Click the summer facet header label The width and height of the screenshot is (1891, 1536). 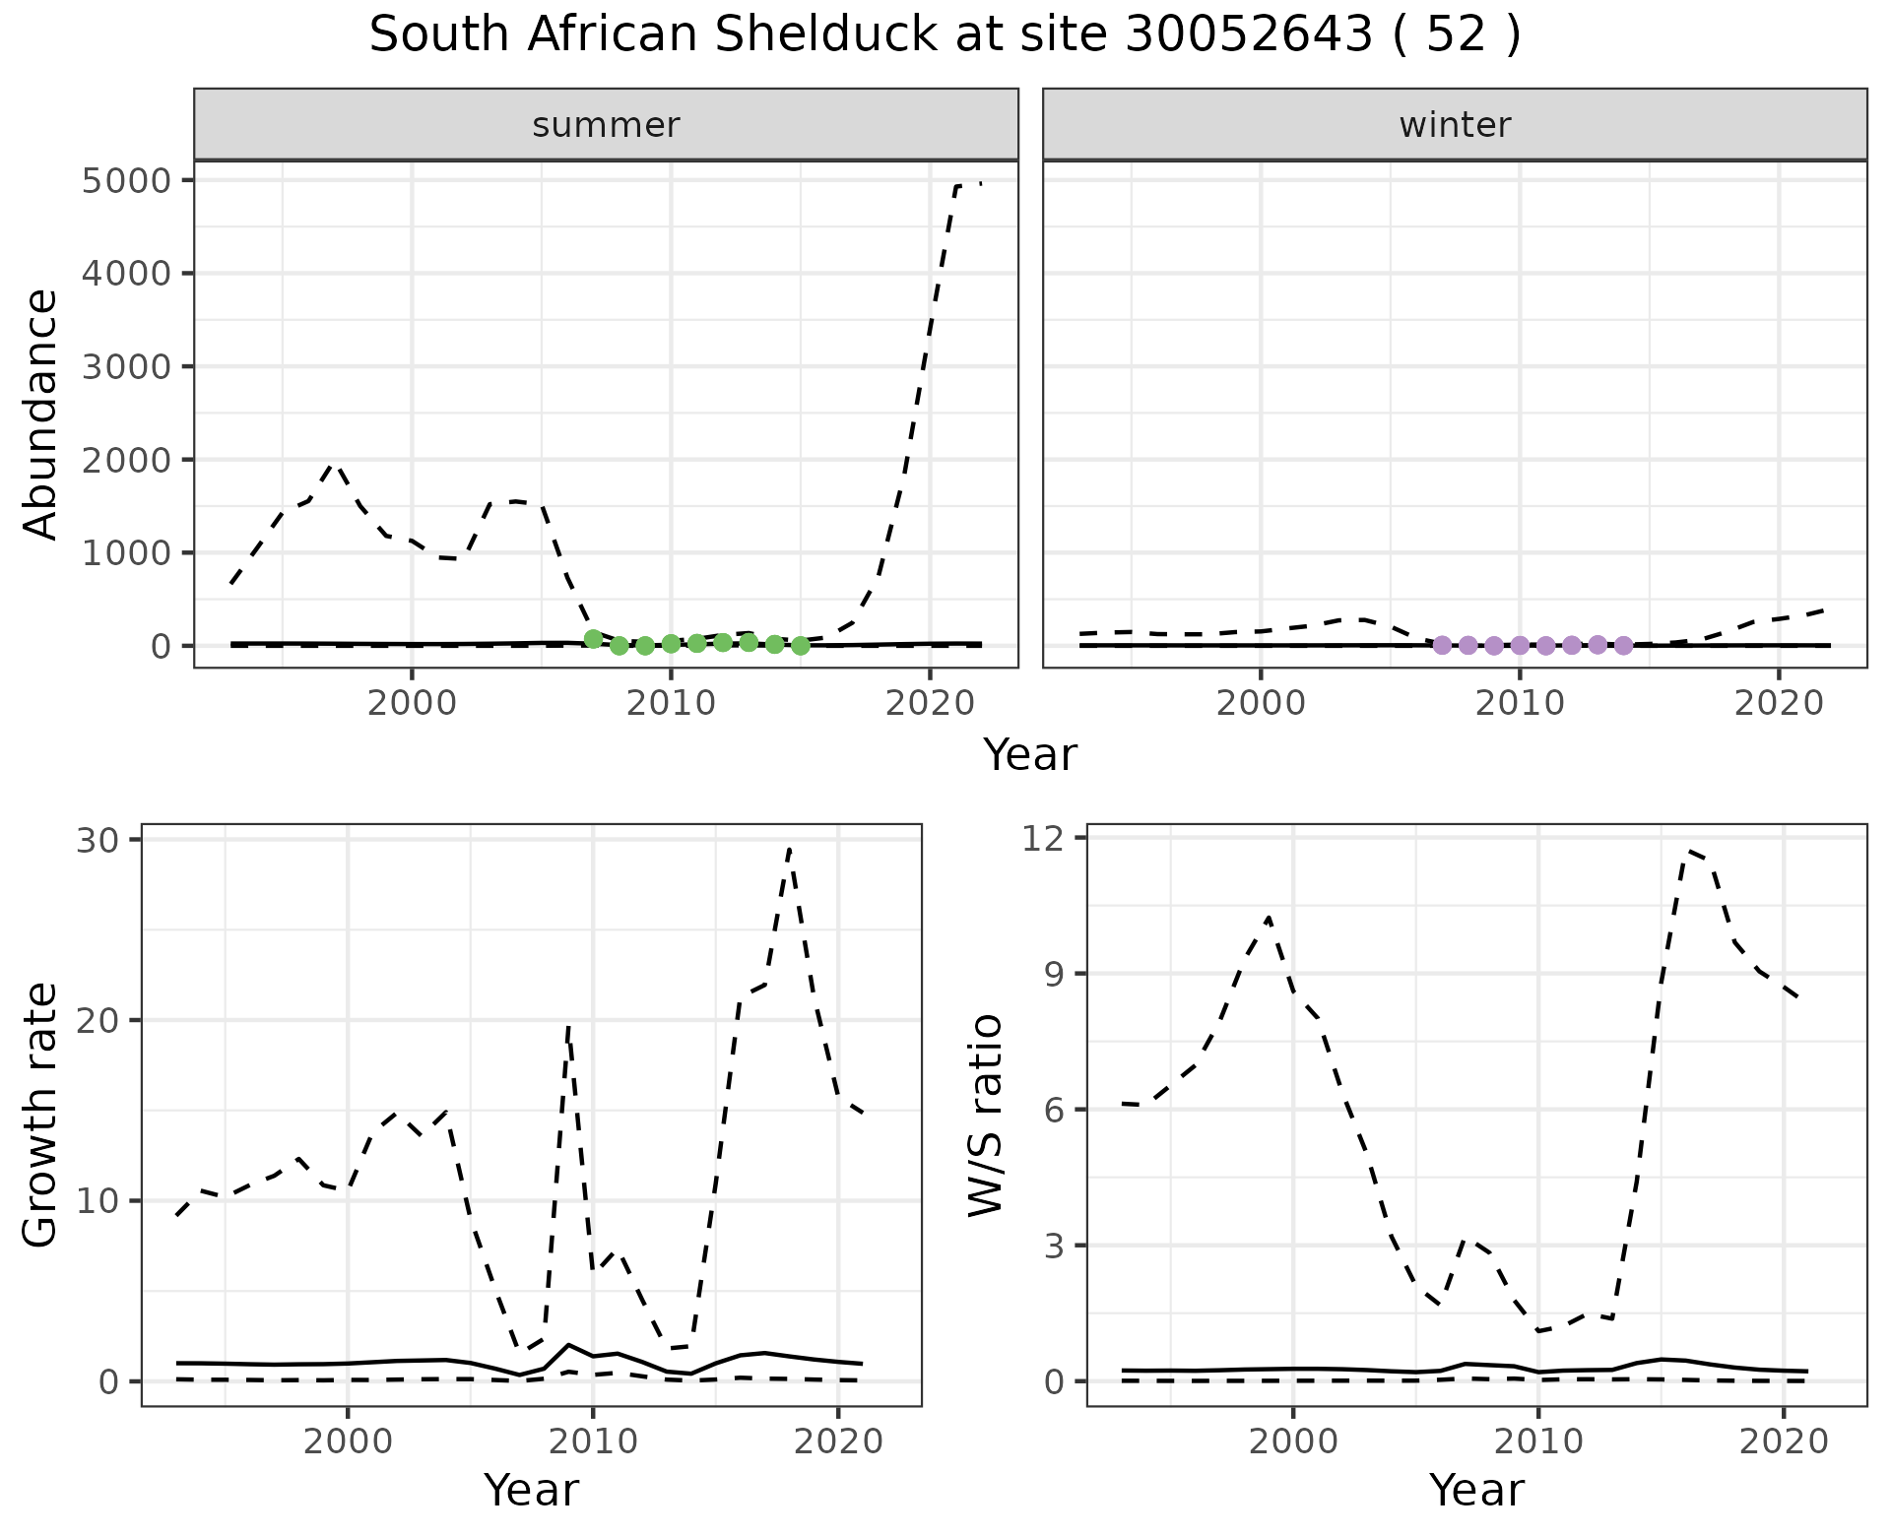(x=606, y=125)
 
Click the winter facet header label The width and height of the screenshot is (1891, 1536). (x=1455, y=125)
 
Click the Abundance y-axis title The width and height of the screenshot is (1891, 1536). (x=41, y=414)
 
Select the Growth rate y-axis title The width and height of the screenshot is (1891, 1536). (x=41, y=1115)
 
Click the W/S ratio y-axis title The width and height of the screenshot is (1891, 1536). (x=986, y=1115)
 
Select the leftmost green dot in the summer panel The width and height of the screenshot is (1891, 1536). (x=593, y=639)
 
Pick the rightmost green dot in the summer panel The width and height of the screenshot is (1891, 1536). (x=801, y=646)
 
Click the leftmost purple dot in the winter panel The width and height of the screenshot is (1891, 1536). (x=1442, y=646)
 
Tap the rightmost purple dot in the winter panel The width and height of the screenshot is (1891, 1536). (x=1623, y=646)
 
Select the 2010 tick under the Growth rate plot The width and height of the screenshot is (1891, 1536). (x=592, y=1441)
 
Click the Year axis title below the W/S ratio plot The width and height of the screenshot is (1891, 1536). (x=1476, y=1490)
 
